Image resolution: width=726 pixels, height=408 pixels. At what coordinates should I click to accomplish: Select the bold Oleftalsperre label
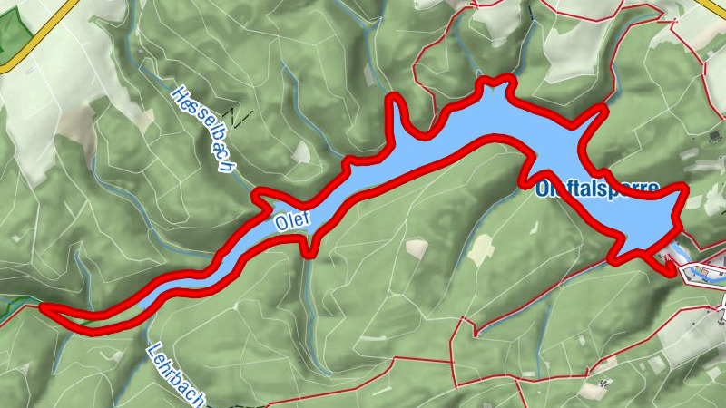click(x=596, y=190)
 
